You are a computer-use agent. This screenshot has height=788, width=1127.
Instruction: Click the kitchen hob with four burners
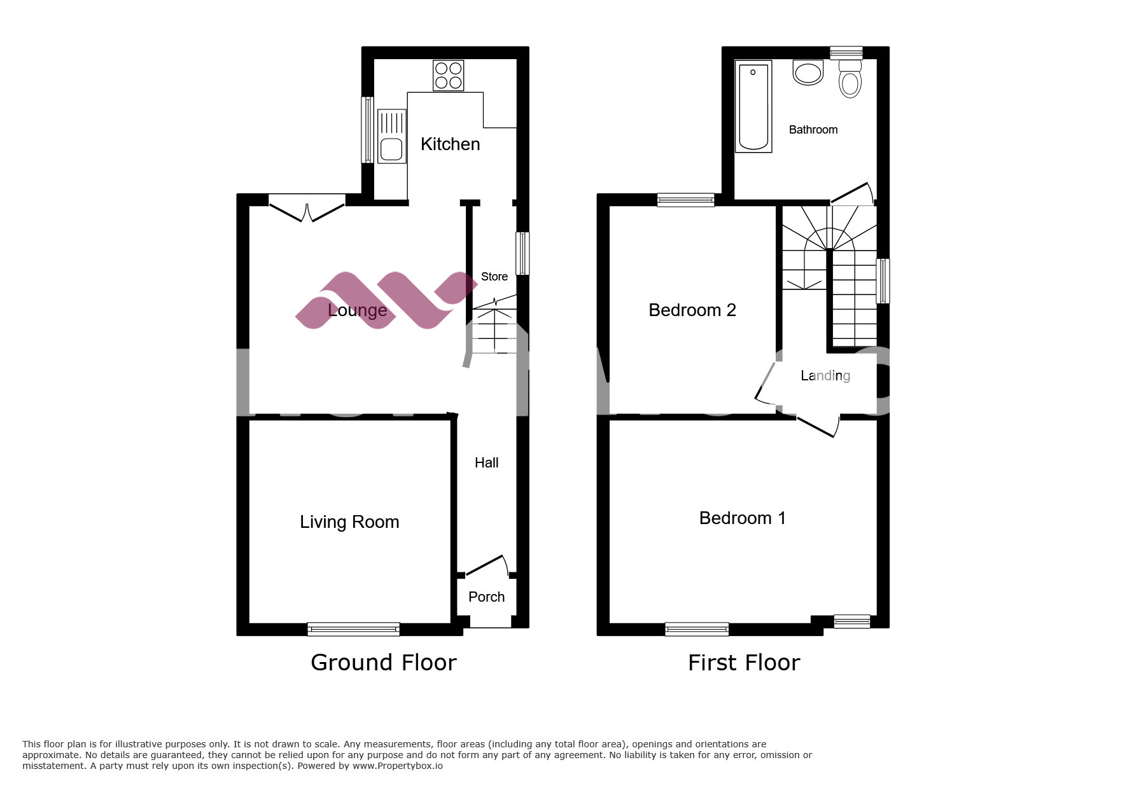pyautogui.click(x=448, y=75)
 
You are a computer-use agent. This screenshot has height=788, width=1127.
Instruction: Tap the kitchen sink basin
pyautogui.click(x=391, y=150)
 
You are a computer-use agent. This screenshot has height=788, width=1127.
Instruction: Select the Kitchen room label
pyautogui.click(x=450, y=144)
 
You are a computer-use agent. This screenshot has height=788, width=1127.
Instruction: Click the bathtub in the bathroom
pyautogui.click(x=753, y=106)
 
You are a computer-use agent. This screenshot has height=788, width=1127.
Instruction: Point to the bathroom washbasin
pyautogui.click(x=808, y=73)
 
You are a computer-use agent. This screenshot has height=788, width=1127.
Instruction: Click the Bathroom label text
pyautogui.click(x=813, y=130)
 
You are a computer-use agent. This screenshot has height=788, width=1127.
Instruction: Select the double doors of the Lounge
pyautogui.click(x=307, y=211)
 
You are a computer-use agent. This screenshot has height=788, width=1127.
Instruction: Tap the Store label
pyautogui.click(x=494, y=277)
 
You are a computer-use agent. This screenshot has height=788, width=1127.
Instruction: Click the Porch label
pyautogui.click(x=486, y=597)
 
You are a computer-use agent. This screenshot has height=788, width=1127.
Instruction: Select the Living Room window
pyautogui.click(x=353, y=629)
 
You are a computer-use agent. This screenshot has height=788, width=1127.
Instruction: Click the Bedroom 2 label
pyautogui.click(x=692, y=310)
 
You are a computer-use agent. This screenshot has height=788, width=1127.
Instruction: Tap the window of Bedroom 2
pyautogui.click(x=685, y=200)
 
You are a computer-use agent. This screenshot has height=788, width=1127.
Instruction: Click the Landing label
pyautogui.click(x=825, y=376)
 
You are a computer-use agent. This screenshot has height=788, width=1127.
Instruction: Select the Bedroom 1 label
pyautogui.click(x=742, y=518)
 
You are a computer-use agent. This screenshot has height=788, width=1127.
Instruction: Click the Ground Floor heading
pyautogui.click(x=383, y=663)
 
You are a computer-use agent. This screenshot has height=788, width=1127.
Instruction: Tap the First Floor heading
pyautogui.click(x=743, y=663)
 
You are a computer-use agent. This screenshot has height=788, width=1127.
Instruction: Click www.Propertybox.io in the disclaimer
pyautogui.click(x=397, y=766)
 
